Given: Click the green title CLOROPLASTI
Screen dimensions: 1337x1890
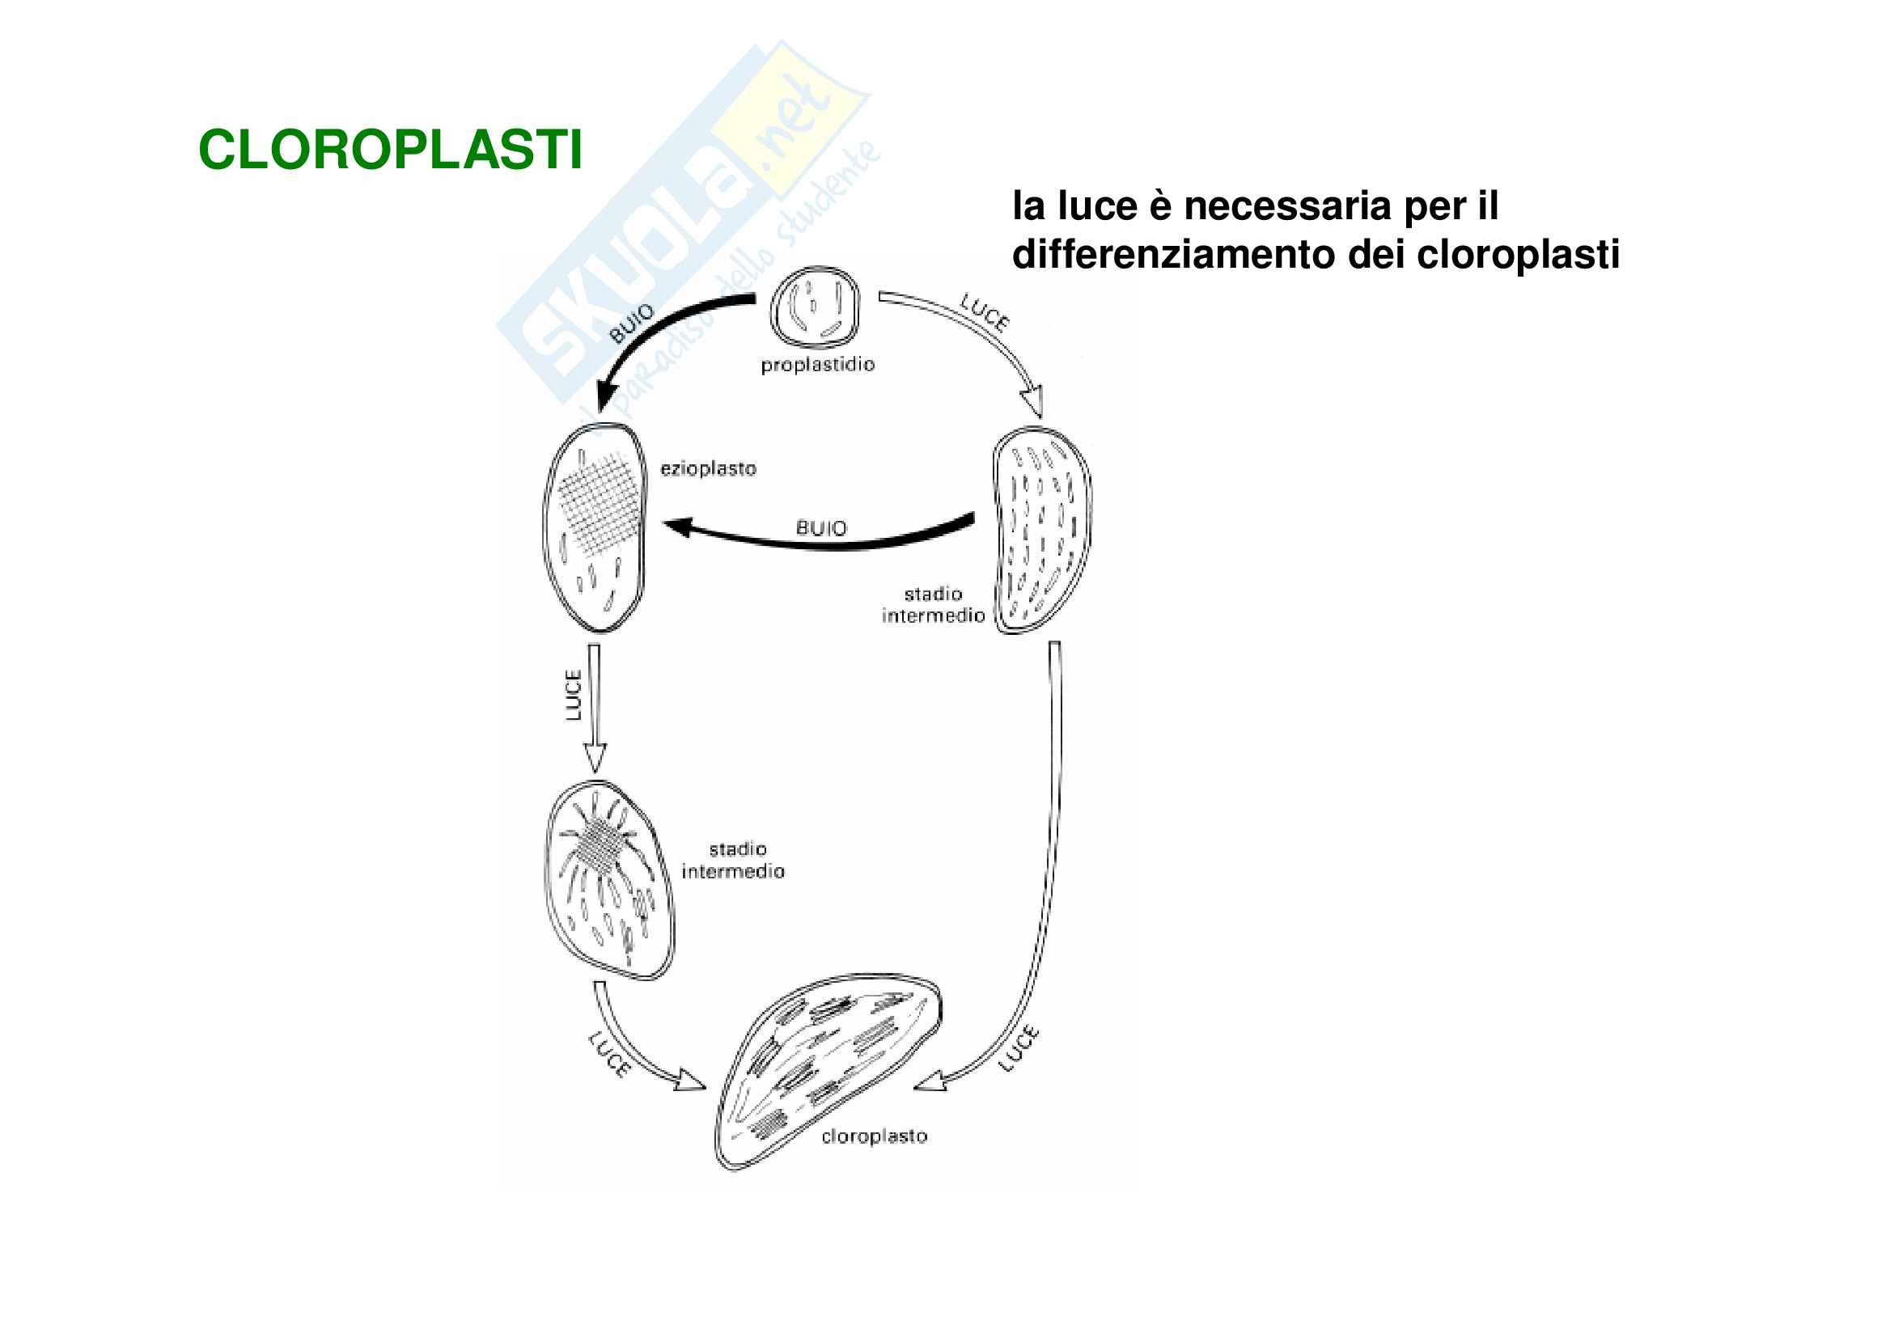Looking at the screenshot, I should pos(390,150).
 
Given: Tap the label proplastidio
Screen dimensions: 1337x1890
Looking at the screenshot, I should pos(817,365).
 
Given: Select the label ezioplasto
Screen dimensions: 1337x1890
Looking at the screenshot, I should pos(708,469).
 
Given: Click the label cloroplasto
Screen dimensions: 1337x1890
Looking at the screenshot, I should pos(875,1137).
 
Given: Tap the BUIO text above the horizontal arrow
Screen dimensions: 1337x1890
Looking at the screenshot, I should pos(821,527).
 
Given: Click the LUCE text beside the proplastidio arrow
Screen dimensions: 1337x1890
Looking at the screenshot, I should pos(985,313).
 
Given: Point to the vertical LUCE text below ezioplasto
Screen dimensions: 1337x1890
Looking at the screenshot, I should pos(574,696).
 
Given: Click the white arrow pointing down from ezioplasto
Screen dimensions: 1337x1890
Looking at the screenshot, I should pos(594,708).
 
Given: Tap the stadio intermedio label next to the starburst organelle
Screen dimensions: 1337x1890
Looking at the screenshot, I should pos(733,861).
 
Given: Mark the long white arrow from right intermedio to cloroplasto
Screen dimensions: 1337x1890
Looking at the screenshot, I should pos(1053,865).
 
